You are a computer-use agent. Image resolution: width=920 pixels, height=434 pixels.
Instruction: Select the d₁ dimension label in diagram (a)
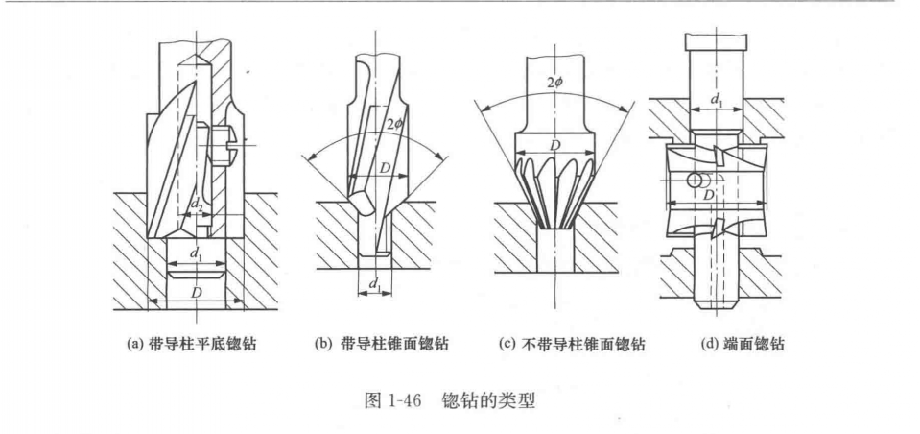coord(196,254)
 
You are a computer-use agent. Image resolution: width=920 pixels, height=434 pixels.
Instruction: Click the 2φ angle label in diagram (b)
coord(389,124)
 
